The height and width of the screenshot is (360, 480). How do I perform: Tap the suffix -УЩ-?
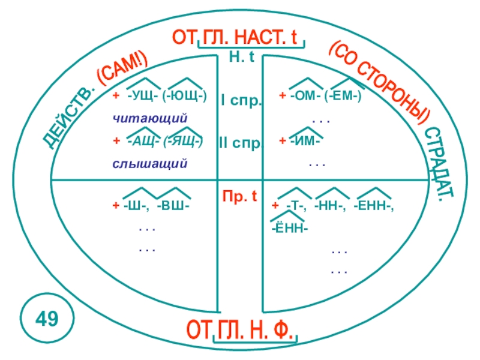[x=142, y=96]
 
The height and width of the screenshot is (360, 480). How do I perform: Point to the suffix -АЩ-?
[x=142, y=141]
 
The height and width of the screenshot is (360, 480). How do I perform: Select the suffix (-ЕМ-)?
[x=343, y=96]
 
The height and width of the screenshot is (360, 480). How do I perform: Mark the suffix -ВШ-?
[x=173, y=206]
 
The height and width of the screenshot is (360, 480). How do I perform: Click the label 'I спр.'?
[x=241, y=100]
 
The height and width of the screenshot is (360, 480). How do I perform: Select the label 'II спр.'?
[x=240, y=145]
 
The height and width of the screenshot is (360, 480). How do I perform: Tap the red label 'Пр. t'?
[x=240, y=196]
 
